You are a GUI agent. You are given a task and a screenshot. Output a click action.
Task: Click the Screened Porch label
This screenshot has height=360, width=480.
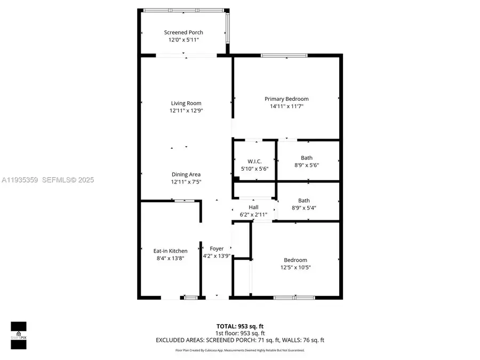click(183, 33)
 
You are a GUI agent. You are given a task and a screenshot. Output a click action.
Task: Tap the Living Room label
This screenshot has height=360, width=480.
click(186, 103)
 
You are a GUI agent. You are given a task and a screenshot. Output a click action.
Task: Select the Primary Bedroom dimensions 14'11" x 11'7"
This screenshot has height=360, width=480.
click(286, 106)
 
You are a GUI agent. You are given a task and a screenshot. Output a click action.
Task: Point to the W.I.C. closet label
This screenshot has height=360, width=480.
click(254, 162)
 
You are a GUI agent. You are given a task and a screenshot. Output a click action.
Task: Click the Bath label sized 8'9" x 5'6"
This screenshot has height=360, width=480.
click(307, 158)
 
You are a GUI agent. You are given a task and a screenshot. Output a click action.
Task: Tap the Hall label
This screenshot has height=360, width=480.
click(253, 207)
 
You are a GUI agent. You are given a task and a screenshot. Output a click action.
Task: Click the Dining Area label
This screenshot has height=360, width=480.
click(186, 174)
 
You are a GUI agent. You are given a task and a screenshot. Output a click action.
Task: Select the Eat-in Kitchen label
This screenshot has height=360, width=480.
click(170, 251)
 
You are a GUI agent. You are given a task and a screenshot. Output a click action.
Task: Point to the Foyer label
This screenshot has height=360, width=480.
click(217, 249)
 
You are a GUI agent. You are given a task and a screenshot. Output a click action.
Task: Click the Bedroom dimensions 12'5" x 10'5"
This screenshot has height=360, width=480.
click(295, 267)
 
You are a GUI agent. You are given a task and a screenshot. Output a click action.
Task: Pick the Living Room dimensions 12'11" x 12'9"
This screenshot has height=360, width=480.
click(186, 110)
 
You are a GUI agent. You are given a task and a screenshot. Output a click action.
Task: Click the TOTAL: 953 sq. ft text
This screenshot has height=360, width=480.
click(239, 325)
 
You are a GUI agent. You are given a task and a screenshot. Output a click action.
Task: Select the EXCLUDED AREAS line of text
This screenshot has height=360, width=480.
click(239, 340)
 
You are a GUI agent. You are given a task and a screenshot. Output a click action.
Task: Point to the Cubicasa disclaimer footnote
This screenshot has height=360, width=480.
click(239, 350)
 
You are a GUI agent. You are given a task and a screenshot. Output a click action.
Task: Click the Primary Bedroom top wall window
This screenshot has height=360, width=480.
click(284, 55)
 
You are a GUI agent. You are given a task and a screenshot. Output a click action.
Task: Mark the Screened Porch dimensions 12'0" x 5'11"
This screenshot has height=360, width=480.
click(183, 39)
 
